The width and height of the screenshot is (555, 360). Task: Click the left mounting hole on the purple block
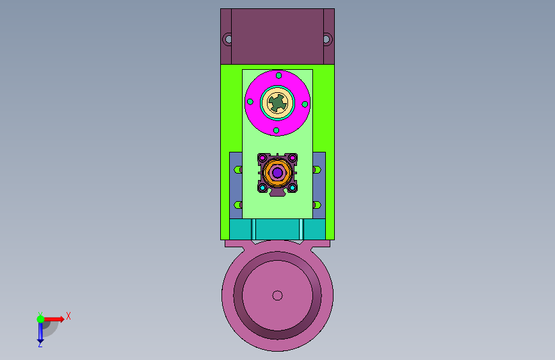point(229,39)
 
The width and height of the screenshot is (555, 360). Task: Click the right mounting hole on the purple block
point(326,39)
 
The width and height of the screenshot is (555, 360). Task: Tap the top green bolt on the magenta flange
point(278,76)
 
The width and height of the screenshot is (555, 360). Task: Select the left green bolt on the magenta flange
point(250,102)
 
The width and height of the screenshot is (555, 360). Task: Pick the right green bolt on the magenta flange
point(305,104)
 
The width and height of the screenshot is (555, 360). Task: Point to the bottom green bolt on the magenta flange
point(276,131)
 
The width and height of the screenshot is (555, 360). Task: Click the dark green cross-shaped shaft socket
point(277,102)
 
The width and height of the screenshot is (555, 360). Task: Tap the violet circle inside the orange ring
point(278,172)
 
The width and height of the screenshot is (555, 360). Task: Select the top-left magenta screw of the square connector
point(262,158)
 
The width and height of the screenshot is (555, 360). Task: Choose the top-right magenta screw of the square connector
point(293,158)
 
